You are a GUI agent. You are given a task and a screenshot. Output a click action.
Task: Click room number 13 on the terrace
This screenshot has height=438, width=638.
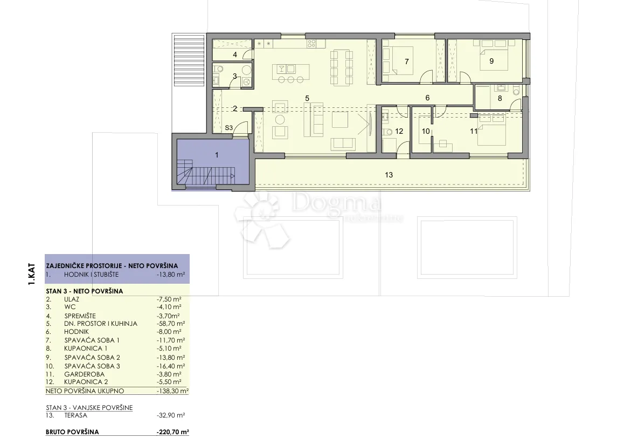[389, 175]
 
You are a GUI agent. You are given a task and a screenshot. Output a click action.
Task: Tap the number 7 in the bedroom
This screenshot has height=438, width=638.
[406, 61]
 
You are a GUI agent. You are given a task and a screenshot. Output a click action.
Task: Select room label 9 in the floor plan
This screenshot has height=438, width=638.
[491, 61]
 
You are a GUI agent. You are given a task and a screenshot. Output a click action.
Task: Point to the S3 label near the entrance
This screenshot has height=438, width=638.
[228, 127]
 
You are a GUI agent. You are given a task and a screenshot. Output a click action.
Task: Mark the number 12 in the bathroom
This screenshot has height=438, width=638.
[399, 131]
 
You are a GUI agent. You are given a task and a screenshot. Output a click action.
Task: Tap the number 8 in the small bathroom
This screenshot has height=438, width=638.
[500, 98]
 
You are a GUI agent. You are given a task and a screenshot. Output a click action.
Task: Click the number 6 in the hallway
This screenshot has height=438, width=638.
[427, 98]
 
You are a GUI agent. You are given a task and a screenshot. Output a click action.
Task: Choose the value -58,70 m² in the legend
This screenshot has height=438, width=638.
[171, 324]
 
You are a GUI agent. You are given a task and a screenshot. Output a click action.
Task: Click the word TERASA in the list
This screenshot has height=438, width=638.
[75, 415]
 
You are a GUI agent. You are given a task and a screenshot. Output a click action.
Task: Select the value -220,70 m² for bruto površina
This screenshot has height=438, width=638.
[172, 432]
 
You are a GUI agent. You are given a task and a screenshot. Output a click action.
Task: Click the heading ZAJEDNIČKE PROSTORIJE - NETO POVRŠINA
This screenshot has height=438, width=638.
[112, 265]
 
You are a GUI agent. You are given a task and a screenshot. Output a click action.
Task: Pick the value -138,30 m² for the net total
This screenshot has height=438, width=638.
[172, 391]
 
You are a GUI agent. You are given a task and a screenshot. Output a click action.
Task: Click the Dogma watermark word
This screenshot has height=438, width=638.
[336, 202]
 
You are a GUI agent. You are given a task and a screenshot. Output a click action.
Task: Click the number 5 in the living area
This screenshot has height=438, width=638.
[307, 98]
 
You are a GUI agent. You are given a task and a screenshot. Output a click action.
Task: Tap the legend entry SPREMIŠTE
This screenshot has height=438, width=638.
[80, 316]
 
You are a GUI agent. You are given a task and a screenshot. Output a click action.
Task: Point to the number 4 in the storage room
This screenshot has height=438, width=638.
[235, 54]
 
